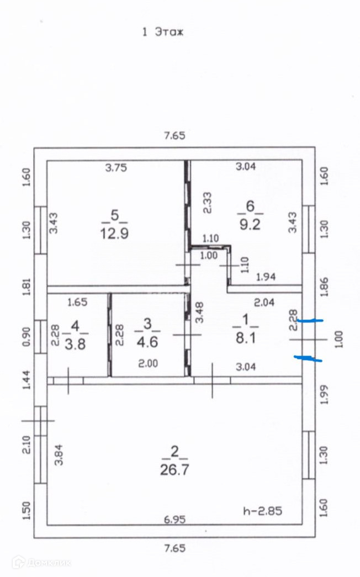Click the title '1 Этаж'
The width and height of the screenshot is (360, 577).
pyautogui.click(x=162, y=32)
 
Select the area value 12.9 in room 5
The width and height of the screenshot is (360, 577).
pyautogui.click(x=114, y=234)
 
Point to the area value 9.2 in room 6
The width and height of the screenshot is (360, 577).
pyautogui.click(x=250, y=225)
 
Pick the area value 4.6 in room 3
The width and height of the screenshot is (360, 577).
pyautogui.click(x=147, y=341)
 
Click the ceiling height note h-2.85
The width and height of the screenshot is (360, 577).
pyautogui.click(x=262, y=511)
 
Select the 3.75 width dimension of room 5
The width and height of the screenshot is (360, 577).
pyautogui.click(x=116, y=168)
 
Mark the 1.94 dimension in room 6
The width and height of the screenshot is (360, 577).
pyautogui.click(x=266, y=277)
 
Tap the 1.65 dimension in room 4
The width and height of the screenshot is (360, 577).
pyautogui.click(x=77, y=302)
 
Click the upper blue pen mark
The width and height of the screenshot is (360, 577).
pyautogui.click(x=309, y=320)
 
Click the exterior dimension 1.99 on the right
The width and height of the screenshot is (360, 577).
pyautogui.click(x=325, y=394)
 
